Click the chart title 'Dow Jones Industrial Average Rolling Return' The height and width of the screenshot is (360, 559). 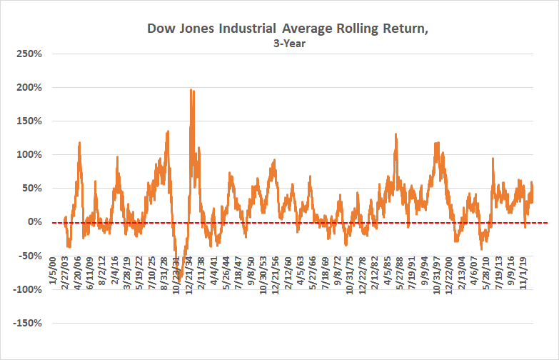click(x=278, y=29)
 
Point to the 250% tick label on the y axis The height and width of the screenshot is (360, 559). click(x=28, y=54)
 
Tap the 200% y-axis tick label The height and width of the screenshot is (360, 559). click(x=28, y=87)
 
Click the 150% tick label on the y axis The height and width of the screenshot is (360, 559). click(x=28, y=121)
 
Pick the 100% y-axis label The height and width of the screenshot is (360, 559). click(x=28, y=154)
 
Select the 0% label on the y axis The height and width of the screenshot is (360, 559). click(x=33, y=222)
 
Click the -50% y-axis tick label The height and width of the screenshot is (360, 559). click(x=28, y=256)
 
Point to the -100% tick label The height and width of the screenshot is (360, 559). click(x=26, y=289)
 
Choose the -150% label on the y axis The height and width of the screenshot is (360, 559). click(x=26, y=323)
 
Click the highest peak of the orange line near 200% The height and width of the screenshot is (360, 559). click(x=191, y=90)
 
